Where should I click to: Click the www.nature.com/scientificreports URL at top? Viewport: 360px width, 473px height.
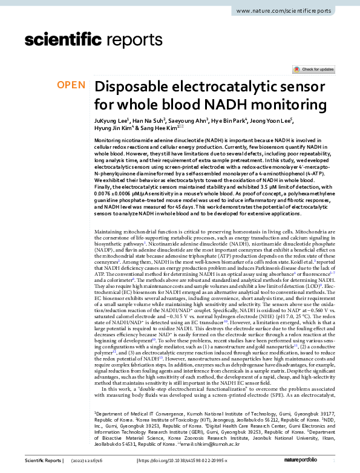point(295,11)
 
